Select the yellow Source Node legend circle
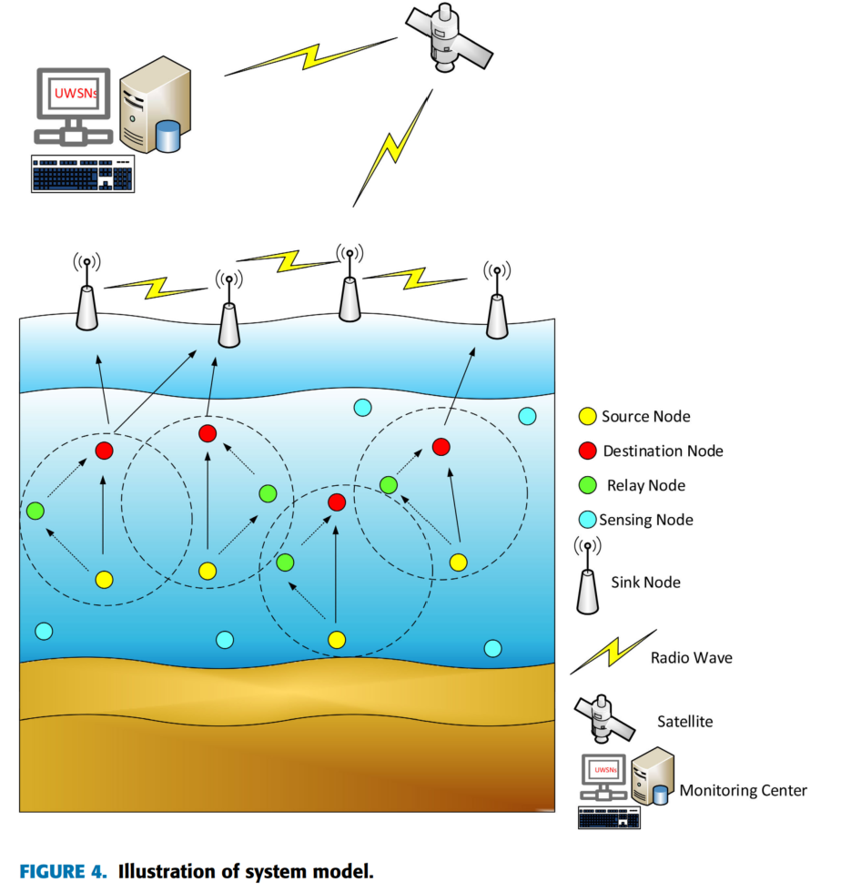click(x=588, y=417)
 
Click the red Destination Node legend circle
click(x=588, y=451)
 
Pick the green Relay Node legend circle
click(x=588, y=485)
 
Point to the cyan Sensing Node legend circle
click(x=588, y=520)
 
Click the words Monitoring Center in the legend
click(x=743, y=790)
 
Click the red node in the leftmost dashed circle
click(x=104, y=450)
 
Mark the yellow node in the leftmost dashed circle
click(x=104, y=579)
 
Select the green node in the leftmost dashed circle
click(x=35, y=511)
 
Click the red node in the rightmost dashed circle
click(x=441, y=446)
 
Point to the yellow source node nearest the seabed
click(x=337, y=639)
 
